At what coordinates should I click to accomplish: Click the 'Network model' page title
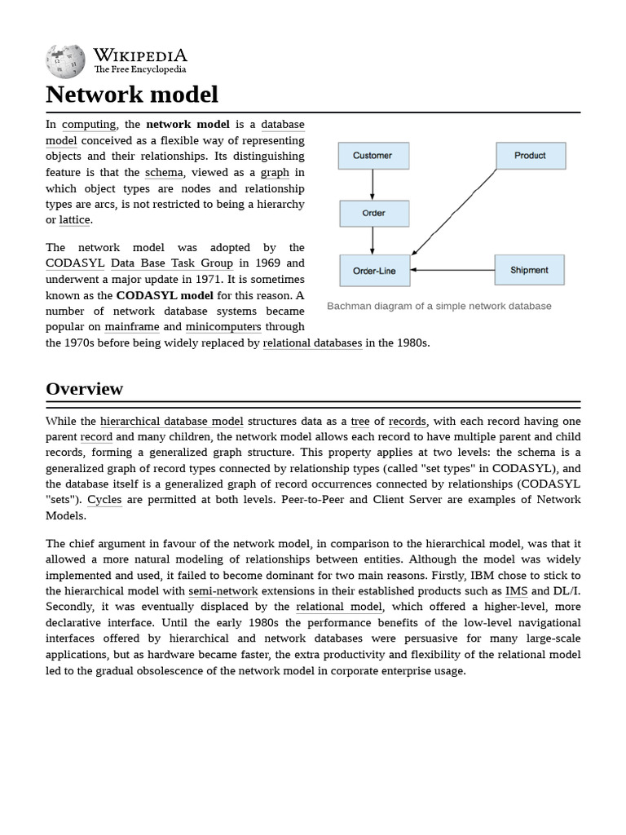point(132,95)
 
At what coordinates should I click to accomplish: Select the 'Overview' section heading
point(85,389)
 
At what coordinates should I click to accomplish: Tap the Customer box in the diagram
point(373,156)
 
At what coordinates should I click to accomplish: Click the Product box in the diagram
point(530,156)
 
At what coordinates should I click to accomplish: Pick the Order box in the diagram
point(373,214)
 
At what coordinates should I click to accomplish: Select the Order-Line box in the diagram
point(375,271)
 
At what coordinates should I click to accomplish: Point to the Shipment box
point(529,271)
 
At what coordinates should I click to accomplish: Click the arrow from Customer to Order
point(373,184)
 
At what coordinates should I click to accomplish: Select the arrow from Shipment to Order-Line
point(452,270)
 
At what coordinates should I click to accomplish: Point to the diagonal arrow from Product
point(455,212)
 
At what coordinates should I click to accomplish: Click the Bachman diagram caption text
point(439,307)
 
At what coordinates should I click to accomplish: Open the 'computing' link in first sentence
point(89,125)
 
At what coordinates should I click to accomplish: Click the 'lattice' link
point(75,220)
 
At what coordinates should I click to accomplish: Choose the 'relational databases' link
point(312,343)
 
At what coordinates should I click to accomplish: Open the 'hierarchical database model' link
point(171,422)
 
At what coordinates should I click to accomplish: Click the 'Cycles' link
point(104,500)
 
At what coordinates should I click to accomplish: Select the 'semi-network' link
point(223,591)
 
